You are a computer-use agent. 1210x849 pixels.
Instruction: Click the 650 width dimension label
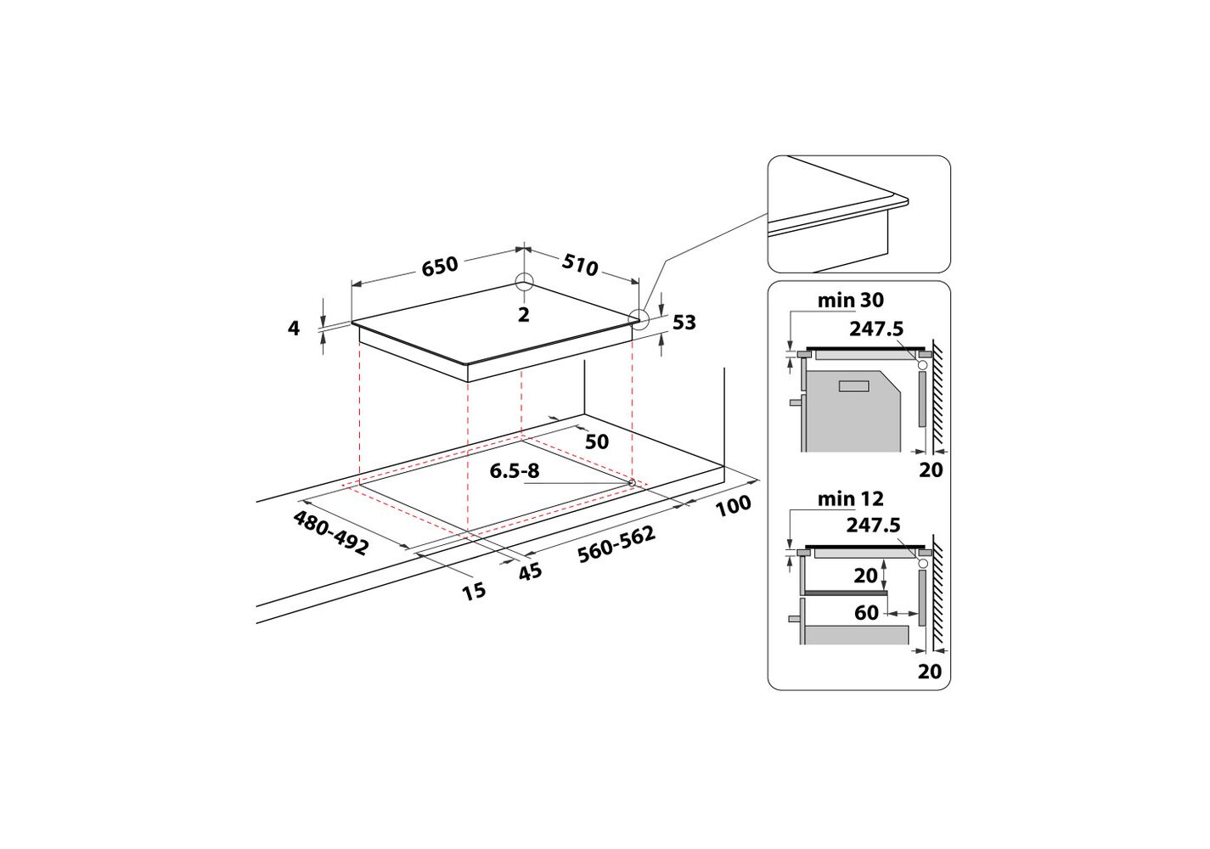coord(440,267)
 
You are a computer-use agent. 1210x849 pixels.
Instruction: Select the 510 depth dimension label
coord(580,265)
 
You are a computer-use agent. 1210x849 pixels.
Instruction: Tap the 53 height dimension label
coord(684,323)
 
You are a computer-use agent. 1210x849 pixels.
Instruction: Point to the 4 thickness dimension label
coord(293,328)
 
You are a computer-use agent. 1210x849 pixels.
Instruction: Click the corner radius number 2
coord(523,314)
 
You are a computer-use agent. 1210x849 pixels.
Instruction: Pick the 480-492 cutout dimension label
coord(331,533)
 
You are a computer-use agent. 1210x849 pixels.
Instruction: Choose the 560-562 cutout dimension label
coord(616,543)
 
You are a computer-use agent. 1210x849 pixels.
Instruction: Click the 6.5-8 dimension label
coord(515,471)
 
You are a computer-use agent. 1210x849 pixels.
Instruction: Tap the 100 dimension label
coord(733,505)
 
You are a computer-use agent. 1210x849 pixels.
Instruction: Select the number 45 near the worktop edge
coord(530,571)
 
